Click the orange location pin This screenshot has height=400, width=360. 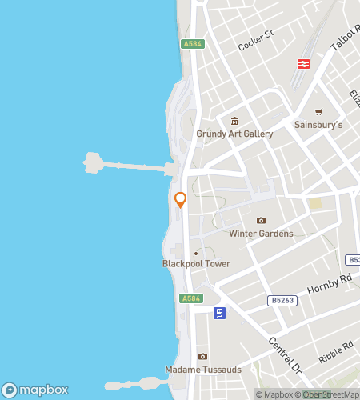[180, 200]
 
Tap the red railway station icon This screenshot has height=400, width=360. [304, 64]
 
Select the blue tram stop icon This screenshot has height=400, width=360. [218, 313]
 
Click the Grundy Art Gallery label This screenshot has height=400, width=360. [234, 134]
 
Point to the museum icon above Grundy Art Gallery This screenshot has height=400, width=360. [234, 121]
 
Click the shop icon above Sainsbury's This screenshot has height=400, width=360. [319, 111]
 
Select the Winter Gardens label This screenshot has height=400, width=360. [261, 234]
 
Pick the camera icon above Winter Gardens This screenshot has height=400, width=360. [261, 220]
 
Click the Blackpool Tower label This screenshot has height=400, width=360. [196, 264]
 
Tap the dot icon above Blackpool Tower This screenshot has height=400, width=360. [196, 254]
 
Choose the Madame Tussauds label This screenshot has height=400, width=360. [202, 370]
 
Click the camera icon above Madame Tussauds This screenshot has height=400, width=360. [202, 357]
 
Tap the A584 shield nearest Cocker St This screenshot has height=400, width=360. [190, 44]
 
